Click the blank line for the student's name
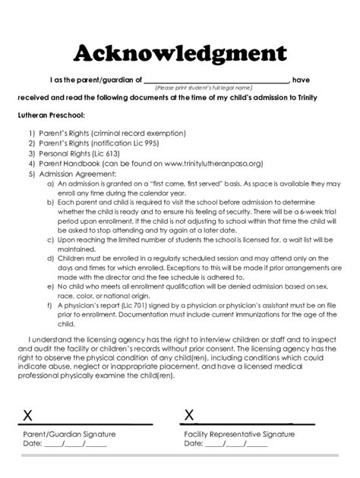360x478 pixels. (x=216, y=80)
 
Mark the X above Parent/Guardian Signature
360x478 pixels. (x=28, y=415)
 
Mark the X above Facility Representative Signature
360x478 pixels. (x=189, y=415)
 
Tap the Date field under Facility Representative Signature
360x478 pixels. (x=236, y=444)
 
